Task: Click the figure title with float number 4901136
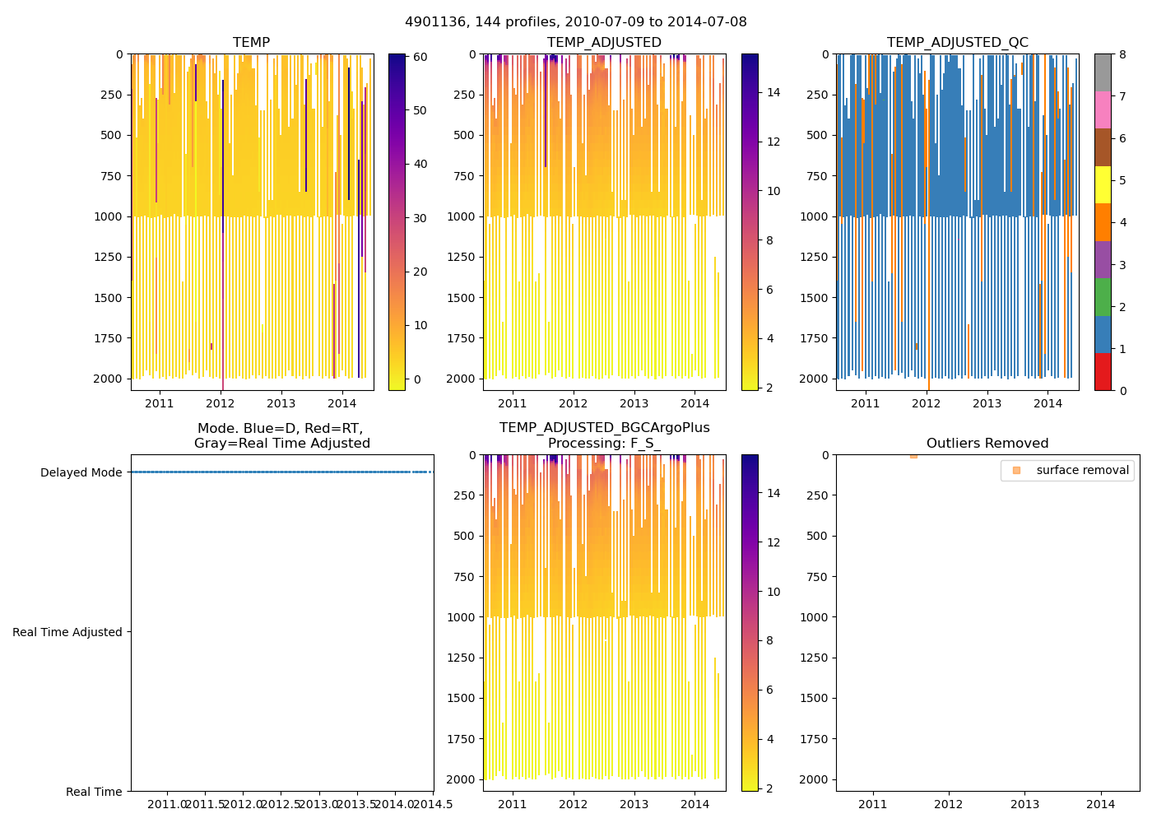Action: point(576,22)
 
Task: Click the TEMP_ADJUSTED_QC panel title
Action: point(957,43)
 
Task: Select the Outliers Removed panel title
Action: point(987,444)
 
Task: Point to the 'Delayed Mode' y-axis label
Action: point(81,472)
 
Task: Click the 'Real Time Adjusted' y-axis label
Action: point(67,632)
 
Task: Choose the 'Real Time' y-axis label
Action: point(94,792)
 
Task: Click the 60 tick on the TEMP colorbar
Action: point(419,57)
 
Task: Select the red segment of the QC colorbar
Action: point(1103,371)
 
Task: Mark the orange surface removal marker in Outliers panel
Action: point(913,456)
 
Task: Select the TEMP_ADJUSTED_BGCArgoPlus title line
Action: point(604,428)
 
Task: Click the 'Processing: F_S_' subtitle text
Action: point(604,444)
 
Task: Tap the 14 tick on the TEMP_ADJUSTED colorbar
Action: point(773,92)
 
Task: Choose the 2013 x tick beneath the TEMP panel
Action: point(281,403)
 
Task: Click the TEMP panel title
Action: point(251,43)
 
